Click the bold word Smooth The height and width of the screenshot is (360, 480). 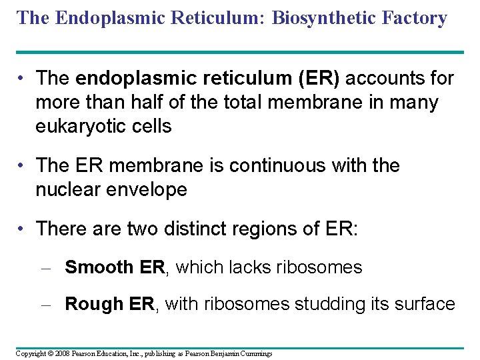click(x=99, y=267)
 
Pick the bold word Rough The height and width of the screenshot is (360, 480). click(x=94, y=304)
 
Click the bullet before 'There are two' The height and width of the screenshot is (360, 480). click(x=23, y=229)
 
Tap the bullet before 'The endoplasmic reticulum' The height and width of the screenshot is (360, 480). click(x=23, y=79)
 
